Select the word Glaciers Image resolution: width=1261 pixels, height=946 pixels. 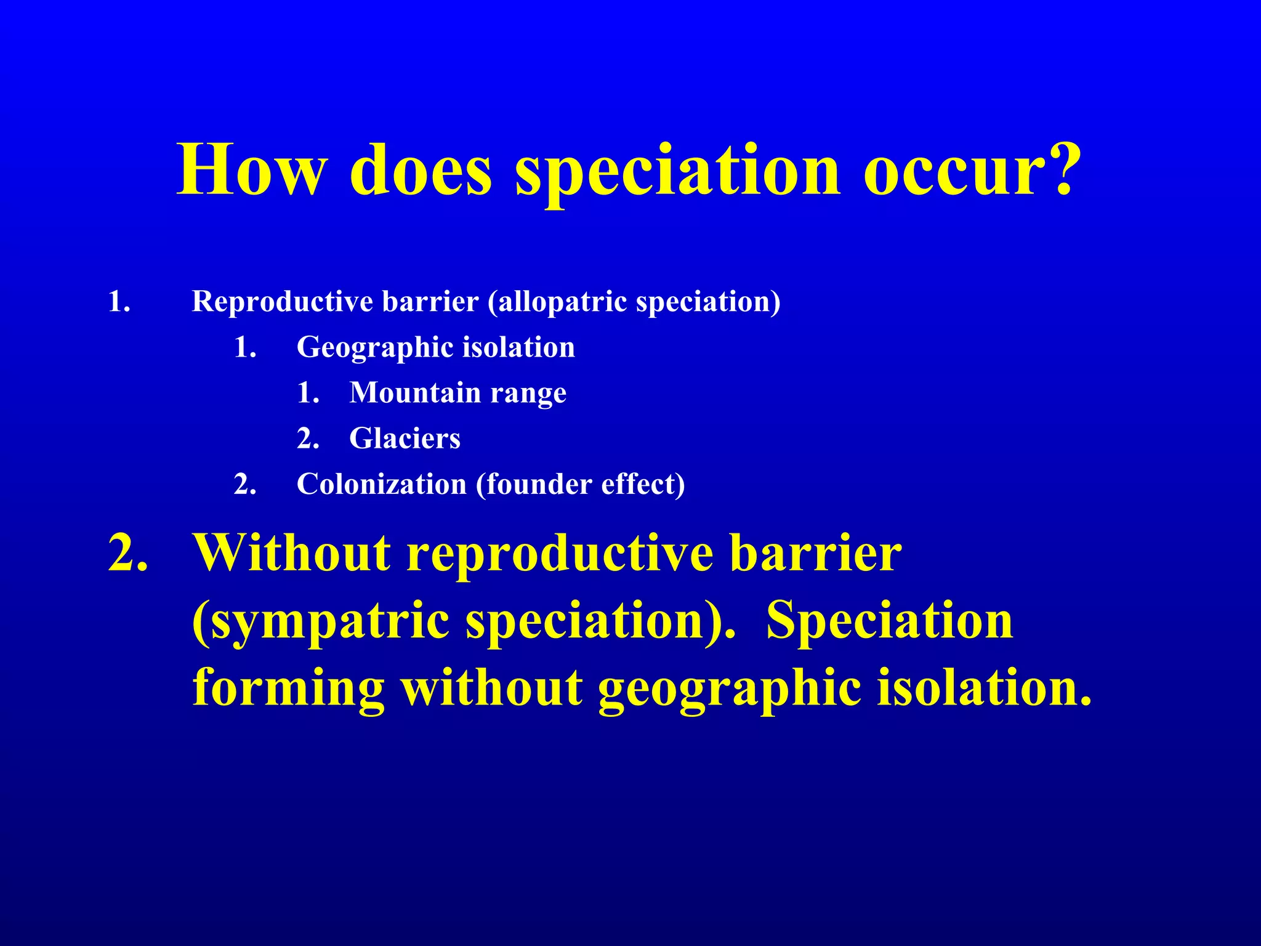click(405, 439)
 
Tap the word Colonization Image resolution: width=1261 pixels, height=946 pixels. click(381, 484)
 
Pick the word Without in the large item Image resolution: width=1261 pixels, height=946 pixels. click(291, 552)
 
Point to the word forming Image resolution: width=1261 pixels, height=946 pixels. click(288, 688)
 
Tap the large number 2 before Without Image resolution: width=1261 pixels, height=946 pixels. click(126, 552)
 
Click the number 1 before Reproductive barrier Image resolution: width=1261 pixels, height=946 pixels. click(118, 302)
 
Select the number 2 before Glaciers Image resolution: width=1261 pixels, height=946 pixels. click(307, 439)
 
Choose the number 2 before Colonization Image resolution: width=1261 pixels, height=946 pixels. click(243, 484)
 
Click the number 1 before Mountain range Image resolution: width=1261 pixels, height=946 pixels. click(307, 393)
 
